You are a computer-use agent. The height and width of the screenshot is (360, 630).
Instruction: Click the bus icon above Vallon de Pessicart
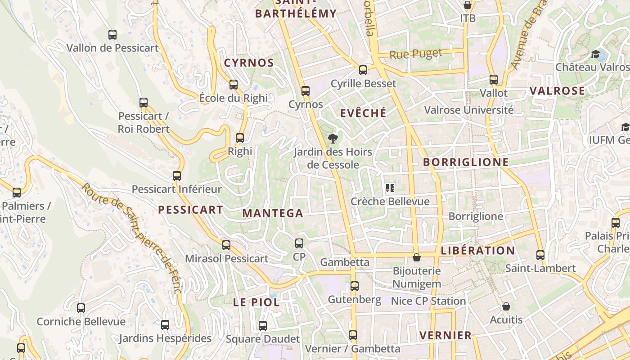tap(112, 34)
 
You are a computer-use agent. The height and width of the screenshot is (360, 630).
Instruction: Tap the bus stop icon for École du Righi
tap(233, 84)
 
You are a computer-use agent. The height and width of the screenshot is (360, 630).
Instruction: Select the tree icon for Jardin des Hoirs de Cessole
tap(333, 138)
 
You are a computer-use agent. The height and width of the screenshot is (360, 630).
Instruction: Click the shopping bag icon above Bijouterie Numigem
tap(417, 257)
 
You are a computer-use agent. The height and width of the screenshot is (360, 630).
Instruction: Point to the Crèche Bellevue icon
tap(390, 188)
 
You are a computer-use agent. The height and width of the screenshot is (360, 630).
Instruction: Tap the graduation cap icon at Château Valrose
tap(596, 54)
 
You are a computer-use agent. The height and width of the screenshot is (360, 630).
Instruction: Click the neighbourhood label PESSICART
tap(190, 210)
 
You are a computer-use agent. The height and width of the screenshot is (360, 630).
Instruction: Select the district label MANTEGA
tap(273, 213)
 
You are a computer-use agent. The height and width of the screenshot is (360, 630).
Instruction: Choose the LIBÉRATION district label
tap(478, 251)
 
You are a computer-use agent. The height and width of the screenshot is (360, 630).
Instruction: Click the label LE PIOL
tap(256, 302)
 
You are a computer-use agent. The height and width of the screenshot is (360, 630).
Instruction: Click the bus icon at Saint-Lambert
tap(540, 255)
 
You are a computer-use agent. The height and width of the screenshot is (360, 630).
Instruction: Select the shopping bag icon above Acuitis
tap(506, 306)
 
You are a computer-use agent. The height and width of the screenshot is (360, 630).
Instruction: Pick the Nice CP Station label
tap(428, 301)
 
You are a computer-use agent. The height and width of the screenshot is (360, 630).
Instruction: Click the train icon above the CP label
tap(299, 243)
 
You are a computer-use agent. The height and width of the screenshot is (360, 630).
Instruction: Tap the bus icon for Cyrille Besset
tap(363, 70)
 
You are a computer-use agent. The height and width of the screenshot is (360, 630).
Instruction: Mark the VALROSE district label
tap(557, 91)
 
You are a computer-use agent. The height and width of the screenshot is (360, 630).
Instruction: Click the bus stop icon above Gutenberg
tap(355, 286)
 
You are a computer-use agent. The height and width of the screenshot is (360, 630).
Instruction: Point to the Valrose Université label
tap(468, 110)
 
